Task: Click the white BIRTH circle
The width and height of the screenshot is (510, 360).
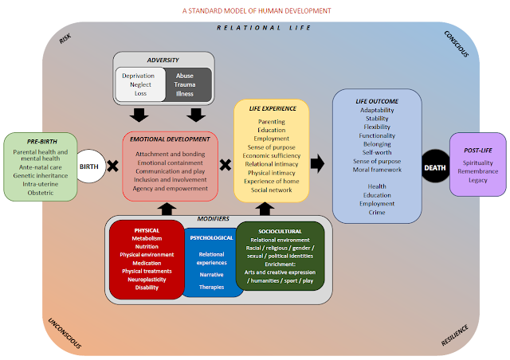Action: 90,166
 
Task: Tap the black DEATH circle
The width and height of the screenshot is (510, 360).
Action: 435,166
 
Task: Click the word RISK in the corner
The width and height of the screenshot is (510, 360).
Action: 65,38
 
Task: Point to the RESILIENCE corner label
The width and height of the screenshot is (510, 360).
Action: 455,335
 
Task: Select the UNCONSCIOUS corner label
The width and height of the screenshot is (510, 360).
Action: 65,333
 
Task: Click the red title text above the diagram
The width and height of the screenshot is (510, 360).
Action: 257,10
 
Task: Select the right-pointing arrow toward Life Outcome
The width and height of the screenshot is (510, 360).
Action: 317,163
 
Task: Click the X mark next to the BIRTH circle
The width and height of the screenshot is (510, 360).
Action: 113,166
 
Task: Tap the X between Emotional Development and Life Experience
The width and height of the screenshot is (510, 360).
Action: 226,165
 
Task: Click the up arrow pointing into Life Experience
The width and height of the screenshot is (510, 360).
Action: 265,209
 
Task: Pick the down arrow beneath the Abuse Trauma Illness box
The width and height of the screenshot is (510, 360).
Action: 196,115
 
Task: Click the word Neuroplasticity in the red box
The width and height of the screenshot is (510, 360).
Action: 147,280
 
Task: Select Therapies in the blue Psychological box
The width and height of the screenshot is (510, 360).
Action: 211,288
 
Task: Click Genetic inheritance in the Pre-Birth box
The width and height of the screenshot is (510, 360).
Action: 41,175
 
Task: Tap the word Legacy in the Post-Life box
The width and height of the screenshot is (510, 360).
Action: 478,180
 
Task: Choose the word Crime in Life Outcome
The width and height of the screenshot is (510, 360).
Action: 377,213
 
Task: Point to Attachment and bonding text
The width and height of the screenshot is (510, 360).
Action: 170,155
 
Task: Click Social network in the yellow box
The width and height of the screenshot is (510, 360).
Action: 271,190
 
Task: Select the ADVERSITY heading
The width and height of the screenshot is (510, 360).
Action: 163,61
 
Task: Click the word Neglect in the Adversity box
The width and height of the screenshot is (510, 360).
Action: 140,84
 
